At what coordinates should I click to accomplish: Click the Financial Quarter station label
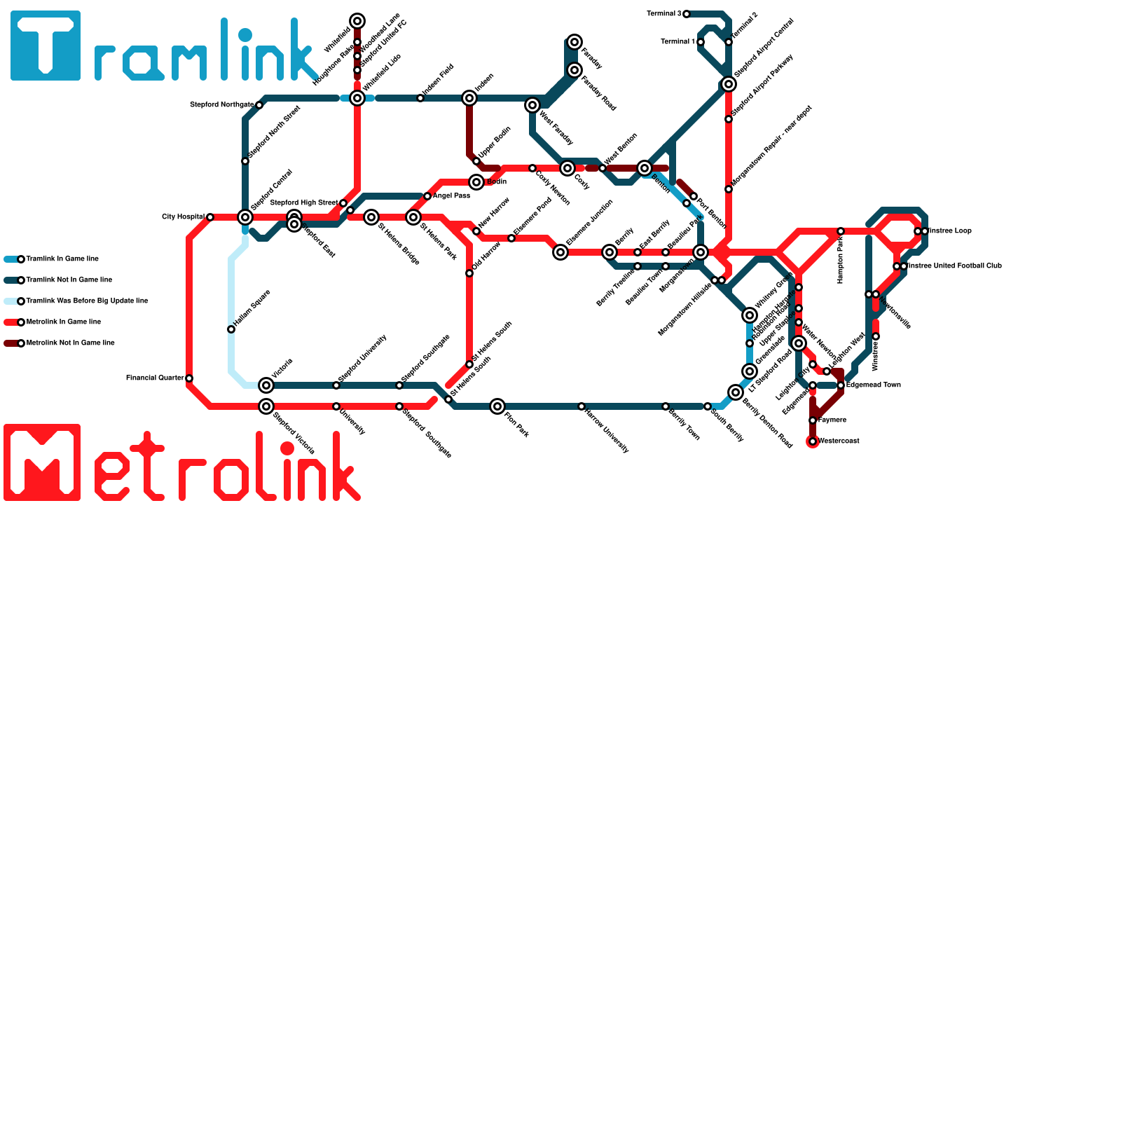[x=155, y=378]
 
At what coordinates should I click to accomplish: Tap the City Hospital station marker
[x=210, y=217]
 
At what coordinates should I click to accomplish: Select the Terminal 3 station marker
[x=687, y=14]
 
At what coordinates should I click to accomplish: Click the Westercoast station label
[x=839, y=441]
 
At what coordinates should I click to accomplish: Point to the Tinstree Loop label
[x=950, y=231]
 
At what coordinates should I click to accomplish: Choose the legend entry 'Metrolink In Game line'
[x=63, y=322]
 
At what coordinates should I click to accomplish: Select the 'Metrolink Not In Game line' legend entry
[x=70, y=343]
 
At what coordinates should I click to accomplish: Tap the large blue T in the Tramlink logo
[x=46, y=46]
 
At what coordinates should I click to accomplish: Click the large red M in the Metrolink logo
[x=42, y=462]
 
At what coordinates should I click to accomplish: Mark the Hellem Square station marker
[x=231, y=329]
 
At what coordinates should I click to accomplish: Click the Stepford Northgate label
[x=221, y=105]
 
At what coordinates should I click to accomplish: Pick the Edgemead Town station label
[x=873, y=385]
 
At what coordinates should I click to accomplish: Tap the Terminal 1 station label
[x=678, y=42]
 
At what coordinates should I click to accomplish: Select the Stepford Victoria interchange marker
[x=266, y=406]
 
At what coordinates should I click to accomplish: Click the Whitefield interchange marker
[x=357, y=21]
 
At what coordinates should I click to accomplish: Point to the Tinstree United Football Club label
[x=954, y=266]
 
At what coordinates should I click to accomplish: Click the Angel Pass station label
[x=451, y=196]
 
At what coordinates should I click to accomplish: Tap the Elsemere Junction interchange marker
[x=560, y=252]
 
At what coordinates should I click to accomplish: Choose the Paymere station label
[x=832, y=420]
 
